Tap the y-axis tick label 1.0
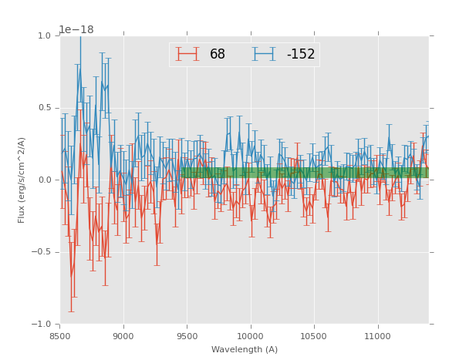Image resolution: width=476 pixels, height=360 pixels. coord(44,35)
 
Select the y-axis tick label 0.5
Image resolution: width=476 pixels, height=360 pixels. coord(44,108)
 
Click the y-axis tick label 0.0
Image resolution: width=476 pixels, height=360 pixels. coord(44,180)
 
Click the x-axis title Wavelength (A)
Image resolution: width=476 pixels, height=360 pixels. coord(245,349)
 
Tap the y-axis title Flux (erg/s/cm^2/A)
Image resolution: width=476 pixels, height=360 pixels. coord(22,180)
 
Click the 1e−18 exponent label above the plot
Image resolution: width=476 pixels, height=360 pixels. coord(76,29)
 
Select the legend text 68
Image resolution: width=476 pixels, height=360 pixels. coord(218,55)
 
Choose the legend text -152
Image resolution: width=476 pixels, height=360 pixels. coord(301,55)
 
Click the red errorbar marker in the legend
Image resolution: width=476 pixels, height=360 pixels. coord(187,54)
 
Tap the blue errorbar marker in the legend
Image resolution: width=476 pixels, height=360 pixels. coord(264,54)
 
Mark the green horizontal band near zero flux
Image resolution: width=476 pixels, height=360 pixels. coord(305,173)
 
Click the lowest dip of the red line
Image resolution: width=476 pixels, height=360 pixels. coord(72,275)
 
